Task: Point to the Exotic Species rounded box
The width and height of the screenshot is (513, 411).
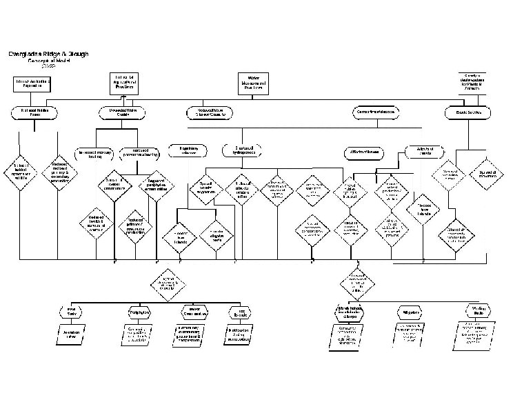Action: [467, 111]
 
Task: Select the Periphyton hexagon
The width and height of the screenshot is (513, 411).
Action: [140, 312]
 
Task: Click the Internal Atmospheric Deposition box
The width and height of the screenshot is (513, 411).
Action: [32, 83]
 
